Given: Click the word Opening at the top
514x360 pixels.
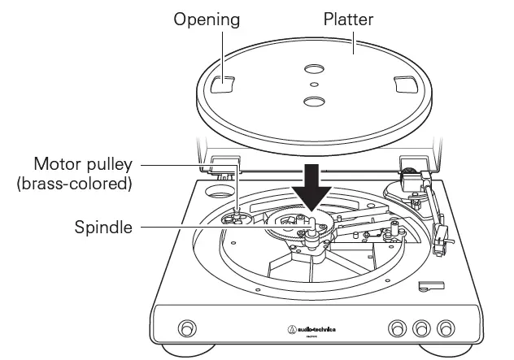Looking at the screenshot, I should (205, 19).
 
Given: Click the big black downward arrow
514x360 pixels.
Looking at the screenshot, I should (312, 189).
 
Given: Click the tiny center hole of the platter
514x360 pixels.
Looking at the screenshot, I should (312, 83).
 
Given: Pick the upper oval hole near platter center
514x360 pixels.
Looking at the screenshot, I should (312, 69).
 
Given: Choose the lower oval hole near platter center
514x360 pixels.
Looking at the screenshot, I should (312, 100).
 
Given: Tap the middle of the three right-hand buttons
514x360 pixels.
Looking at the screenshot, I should (421, 328).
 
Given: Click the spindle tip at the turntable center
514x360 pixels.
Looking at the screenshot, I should (311, 218).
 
